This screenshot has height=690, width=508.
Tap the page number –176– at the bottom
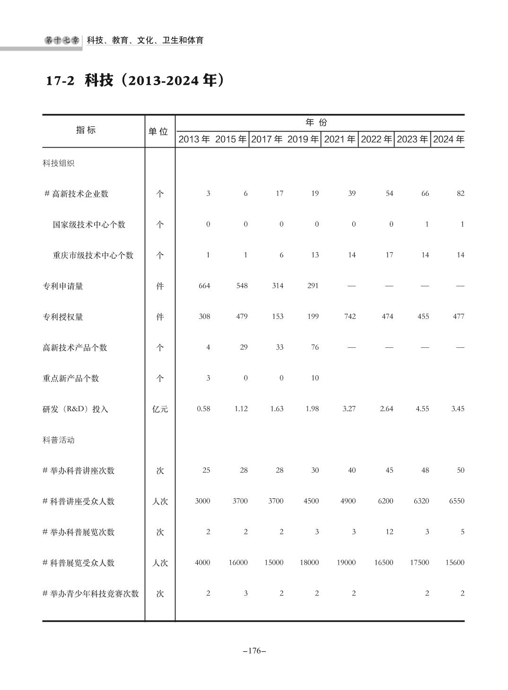tap(254, 651)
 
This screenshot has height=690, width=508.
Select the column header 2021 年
tap(339, 139)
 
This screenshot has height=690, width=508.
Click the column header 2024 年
tap(448, 139)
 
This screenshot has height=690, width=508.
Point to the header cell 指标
tap(86, 130)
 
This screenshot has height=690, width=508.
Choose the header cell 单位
tap(158, 131)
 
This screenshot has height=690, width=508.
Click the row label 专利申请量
tap(63, 286)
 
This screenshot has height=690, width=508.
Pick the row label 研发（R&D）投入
tap(76, 409)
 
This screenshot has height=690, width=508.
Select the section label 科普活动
tap(59, 440)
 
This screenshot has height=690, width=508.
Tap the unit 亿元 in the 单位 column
tap(160, 409)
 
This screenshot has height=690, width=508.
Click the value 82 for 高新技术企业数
tap(460, 193)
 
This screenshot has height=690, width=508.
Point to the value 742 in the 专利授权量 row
tap(350, 316)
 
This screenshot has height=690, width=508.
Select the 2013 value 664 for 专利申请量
tap(204, 285)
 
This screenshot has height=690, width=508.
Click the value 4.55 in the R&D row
tap(422, 408)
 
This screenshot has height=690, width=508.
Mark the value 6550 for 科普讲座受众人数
tap(456, 501)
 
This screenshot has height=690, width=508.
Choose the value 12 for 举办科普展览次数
tap(389, 531)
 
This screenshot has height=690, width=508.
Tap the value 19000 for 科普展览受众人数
tap(346, 562)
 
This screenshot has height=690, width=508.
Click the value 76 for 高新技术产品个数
tap(315, 347)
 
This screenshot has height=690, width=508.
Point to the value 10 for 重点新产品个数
tap(315, 378)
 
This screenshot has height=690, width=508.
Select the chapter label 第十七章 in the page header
tap(62, 41)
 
